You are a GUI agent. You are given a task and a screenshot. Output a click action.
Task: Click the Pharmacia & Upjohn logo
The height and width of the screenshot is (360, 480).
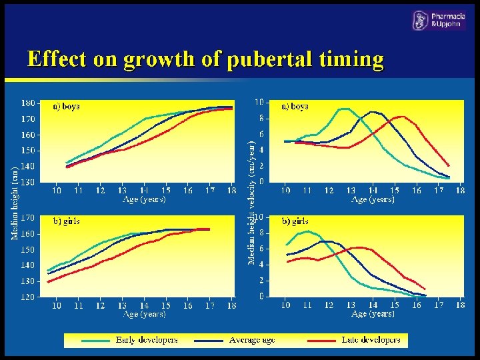[x=439, y=21]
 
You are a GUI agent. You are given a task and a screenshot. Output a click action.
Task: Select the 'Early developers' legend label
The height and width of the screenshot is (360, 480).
[x=147, y=340]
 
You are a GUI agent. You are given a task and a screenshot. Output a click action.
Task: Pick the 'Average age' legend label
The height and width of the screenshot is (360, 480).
[x=252, y=340]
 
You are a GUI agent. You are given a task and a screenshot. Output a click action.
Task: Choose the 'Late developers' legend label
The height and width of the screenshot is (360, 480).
[x=371, y=340]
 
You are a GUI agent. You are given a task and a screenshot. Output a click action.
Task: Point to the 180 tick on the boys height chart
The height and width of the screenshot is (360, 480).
[x=28, y=103]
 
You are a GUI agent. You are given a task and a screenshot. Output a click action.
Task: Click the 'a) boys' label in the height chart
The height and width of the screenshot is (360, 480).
[x=66, y=106]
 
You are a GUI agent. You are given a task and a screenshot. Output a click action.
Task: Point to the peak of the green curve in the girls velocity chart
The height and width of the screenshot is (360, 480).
[x=307, y=231]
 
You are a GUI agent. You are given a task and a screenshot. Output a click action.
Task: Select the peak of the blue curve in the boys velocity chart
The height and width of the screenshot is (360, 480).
[x=373, y=111]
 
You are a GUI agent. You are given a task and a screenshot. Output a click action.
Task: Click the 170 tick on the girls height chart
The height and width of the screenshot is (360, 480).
[x=28, y=217]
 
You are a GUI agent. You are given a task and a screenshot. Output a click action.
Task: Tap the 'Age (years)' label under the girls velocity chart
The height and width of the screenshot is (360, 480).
[x=373, y=313]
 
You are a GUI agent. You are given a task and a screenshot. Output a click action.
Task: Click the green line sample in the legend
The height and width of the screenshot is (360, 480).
[x=95, y=340]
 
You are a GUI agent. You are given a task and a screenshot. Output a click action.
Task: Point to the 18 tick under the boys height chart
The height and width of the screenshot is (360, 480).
[x=231, y=191]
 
